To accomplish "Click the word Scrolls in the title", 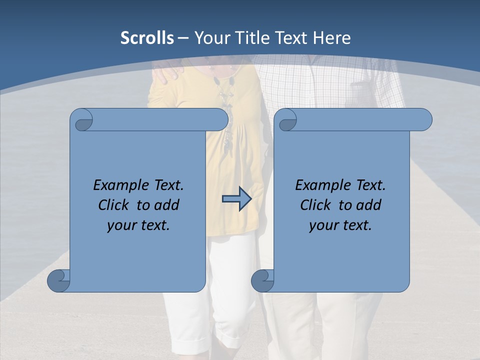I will tap(147, 38).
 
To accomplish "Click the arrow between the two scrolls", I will tap(236, 199).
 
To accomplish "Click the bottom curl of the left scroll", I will tap(58, 280).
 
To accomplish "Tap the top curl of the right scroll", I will tap(287, 120).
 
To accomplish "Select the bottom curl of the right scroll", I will tap(262, 280).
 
